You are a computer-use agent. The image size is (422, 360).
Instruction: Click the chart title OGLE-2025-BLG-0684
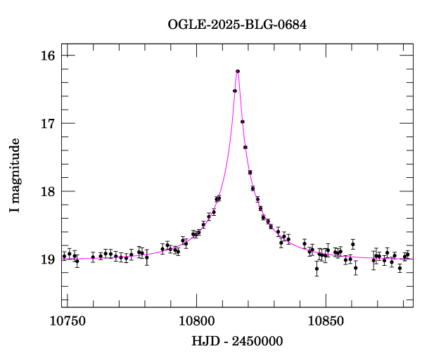237,25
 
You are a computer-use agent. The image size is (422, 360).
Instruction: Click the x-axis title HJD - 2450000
238,342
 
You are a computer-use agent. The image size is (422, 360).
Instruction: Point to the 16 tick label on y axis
49,56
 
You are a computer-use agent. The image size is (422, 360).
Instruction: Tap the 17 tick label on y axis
49,124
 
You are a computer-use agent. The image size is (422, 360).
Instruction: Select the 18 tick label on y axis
49,192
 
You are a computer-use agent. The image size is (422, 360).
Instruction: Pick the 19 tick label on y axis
49,260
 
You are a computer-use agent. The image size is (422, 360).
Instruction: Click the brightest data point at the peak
238,71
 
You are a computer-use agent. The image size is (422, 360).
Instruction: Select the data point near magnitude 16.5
235,91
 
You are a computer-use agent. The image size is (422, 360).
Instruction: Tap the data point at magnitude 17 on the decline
243,122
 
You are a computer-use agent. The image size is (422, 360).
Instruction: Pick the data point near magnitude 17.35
245,147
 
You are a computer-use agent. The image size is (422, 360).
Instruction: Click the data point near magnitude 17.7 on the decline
250,172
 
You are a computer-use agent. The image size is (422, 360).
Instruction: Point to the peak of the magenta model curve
238,70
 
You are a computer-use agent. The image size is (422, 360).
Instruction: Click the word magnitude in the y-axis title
15,166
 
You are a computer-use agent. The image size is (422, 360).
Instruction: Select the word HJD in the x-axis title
204,342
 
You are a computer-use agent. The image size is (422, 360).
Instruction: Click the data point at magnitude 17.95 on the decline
252,188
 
